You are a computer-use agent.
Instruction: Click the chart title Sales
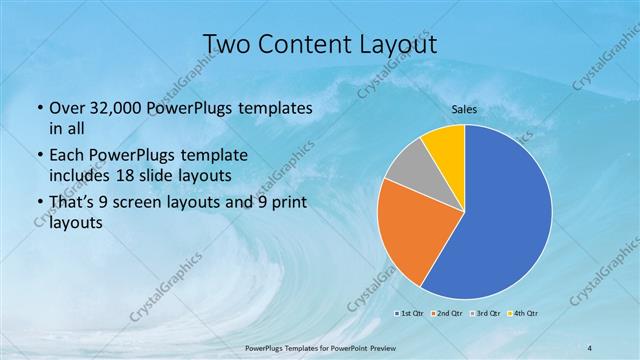point(464,109)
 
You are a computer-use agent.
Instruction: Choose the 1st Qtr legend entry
point(409,313)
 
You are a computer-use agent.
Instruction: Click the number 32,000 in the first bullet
point(118,108)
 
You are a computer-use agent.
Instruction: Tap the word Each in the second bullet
point(67,156)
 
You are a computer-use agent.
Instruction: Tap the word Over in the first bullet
point(67,108)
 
